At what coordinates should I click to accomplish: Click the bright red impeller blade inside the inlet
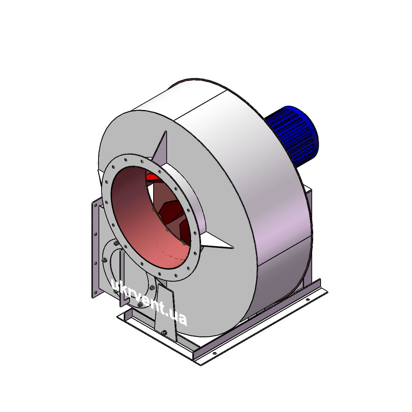tap(153, 176)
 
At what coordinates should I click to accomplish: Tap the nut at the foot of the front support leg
tap(164, 332)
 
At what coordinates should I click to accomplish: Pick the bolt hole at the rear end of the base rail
tap(308, 299)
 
